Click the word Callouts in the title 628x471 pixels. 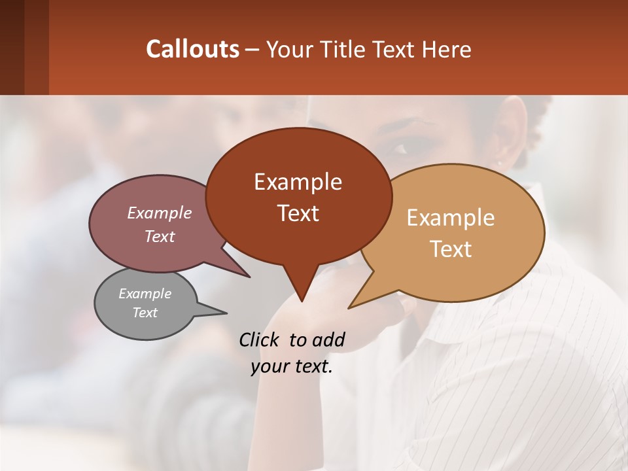(192, 49)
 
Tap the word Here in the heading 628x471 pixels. (446, 49)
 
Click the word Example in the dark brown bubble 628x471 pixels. (298, 182)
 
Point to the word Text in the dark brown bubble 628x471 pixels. (298, 213)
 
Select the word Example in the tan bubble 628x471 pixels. (451, 218)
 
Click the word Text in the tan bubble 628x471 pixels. (451, 249)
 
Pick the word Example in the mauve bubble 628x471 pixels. (160, 213)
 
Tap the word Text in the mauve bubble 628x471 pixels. (160, 236)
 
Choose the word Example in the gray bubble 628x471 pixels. (145, 294)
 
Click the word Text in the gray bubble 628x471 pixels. (145, 313)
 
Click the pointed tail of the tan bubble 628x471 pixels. (357, 303)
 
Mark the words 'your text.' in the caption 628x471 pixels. (292, 366)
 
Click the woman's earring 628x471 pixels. (499, 163)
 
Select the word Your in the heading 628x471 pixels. (288, 49)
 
